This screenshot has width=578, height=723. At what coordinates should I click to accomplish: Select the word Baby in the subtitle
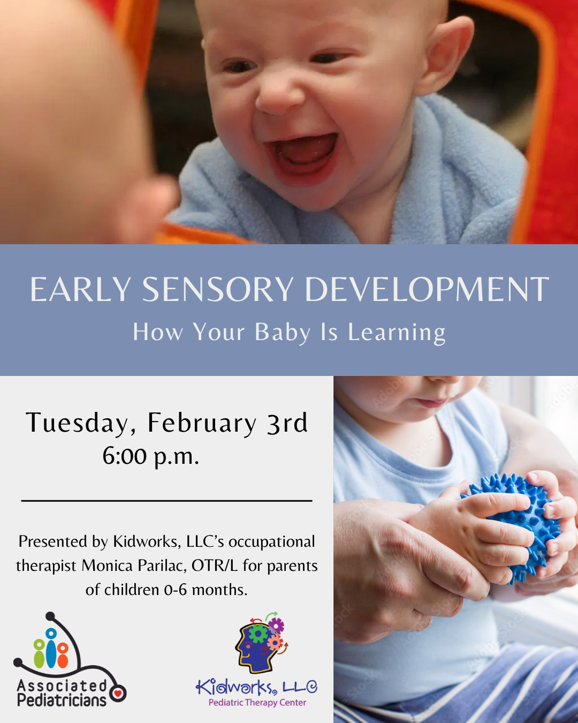coord(282,333)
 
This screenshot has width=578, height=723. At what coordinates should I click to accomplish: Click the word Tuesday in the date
coord(77,423)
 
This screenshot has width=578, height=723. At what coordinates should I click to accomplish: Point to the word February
coord(202,423)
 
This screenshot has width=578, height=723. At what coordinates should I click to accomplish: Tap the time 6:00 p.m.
coord(151,456)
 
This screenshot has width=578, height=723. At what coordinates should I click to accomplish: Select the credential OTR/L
coord(215,566)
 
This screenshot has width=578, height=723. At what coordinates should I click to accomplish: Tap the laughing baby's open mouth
coord(301,157)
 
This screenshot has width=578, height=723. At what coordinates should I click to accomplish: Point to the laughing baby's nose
coord(278,96)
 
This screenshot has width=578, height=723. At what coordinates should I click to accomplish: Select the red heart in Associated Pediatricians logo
coord(118,693)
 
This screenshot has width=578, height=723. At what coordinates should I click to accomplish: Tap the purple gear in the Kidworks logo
coord(276,626)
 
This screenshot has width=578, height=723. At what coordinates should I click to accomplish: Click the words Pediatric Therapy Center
coord(257,703)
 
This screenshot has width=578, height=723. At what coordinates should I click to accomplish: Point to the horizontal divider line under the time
coord(166,501)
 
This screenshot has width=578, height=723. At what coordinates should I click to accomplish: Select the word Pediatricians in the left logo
coord(62,701)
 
